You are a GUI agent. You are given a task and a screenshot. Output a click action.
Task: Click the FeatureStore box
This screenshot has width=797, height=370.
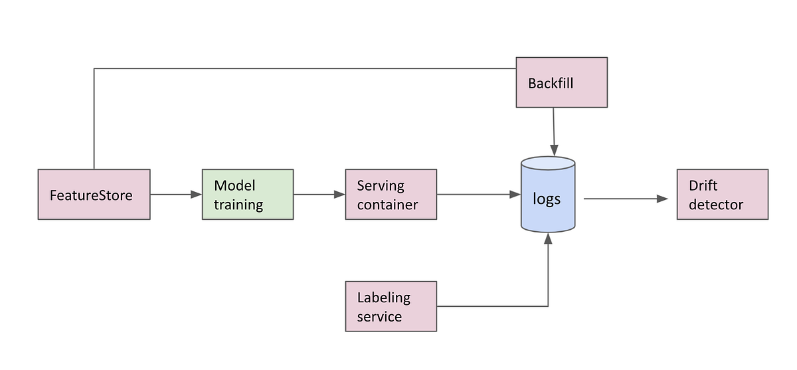94,195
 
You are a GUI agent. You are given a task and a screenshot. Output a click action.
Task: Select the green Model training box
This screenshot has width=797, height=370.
248,195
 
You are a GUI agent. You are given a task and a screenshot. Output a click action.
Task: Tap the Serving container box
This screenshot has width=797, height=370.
391,195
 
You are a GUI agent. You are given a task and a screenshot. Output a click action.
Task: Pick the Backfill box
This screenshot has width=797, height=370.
562,82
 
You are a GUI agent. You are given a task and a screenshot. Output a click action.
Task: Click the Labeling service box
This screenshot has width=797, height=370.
391,306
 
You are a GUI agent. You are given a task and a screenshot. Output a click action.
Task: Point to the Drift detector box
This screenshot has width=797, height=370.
723,195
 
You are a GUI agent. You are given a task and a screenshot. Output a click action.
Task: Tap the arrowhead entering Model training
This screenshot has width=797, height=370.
197,195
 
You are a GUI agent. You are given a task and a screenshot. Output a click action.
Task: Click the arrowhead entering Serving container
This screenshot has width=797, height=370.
340,195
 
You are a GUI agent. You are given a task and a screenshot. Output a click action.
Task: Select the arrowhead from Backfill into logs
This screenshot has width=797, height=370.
555,152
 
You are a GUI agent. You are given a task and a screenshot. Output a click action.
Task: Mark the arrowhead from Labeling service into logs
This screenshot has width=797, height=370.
548,237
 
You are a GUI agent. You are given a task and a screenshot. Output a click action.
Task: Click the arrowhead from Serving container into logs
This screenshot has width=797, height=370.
515,195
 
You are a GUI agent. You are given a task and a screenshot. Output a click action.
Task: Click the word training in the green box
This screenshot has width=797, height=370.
238,205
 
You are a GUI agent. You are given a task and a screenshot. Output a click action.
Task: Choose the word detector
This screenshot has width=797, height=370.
716,205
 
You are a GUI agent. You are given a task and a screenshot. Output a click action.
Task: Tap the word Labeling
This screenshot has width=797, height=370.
384,297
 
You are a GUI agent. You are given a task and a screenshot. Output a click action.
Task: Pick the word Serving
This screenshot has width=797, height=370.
381,185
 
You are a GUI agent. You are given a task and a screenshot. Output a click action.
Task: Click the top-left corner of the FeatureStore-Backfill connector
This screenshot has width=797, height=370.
94,68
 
